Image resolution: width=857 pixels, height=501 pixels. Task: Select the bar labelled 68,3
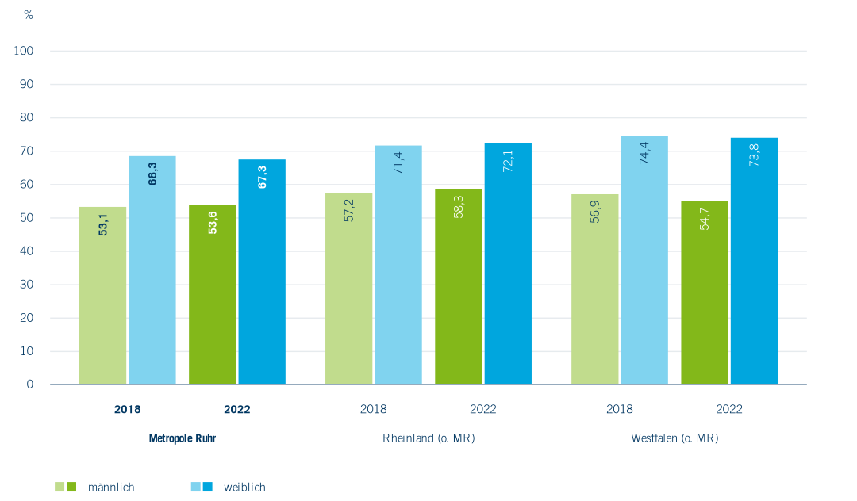[x=152, y=270]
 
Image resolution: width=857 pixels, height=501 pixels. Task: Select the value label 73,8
[x=755, y=154]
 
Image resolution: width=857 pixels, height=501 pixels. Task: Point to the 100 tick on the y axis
[x=24, y=52]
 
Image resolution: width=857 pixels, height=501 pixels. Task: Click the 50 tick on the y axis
[x=27, y=218]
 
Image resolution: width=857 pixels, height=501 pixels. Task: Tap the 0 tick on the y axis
[x=30, y=384]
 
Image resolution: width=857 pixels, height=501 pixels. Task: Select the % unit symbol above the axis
[x=29, y=15]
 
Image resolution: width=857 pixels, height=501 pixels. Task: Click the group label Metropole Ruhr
[x=182, y=438]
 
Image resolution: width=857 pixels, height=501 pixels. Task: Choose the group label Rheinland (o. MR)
[x=428, y=438]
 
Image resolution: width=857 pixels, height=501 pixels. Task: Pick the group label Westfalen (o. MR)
[x=674, y=438]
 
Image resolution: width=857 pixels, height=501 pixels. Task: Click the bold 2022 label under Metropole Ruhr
[x=237, y=410]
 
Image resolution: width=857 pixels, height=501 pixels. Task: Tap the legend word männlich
[x=111, y=488]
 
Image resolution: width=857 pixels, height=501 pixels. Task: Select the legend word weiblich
[x=244, y=488]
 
